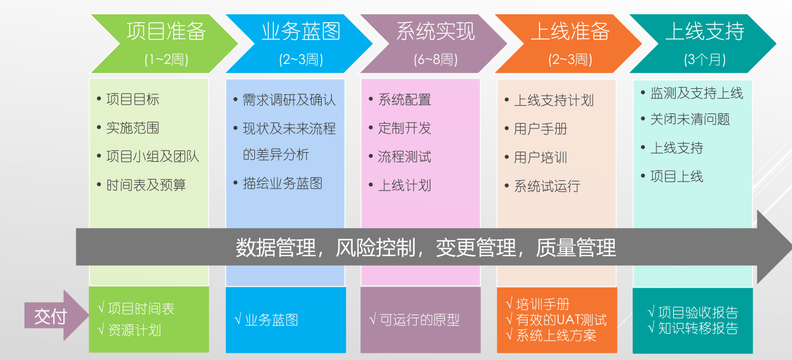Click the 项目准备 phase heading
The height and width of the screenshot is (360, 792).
pos(166,32)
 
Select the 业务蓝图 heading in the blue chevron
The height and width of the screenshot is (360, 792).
pos(301,32)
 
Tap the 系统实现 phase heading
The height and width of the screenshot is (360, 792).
pos(436,32)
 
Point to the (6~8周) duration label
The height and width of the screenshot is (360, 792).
pos(436,60)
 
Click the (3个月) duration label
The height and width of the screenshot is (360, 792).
pos(705,60)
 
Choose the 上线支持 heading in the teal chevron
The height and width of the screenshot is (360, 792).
pos(705,32)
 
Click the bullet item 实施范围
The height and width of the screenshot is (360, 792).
pos(132,128)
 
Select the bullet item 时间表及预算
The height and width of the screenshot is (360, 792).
pos(146,185)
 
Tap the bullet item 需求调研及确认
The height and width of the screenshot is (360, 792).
pos(289,100)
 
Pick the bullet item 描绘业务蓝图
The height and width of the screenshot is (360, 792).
pos(282,183)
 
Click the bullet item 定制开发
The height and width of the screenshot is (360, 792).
pos(404,128)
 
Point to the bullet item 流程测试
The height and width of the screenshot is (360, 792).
pos(404,157)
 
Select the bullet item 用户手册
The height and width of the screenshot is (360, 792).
pos(540,129)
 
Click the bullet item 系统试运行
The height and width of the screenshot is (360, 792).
pos(547,186)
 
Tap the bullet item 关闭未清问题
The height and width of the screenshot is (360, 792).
pos(690,119)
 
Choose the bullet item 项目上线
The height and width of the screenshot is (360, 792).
pos(676,177)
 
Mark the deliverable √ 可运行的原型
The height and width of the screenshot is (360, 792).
pos(414,320)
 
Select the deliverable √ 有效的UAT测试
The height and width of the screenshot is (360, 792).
pos(556,320)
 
